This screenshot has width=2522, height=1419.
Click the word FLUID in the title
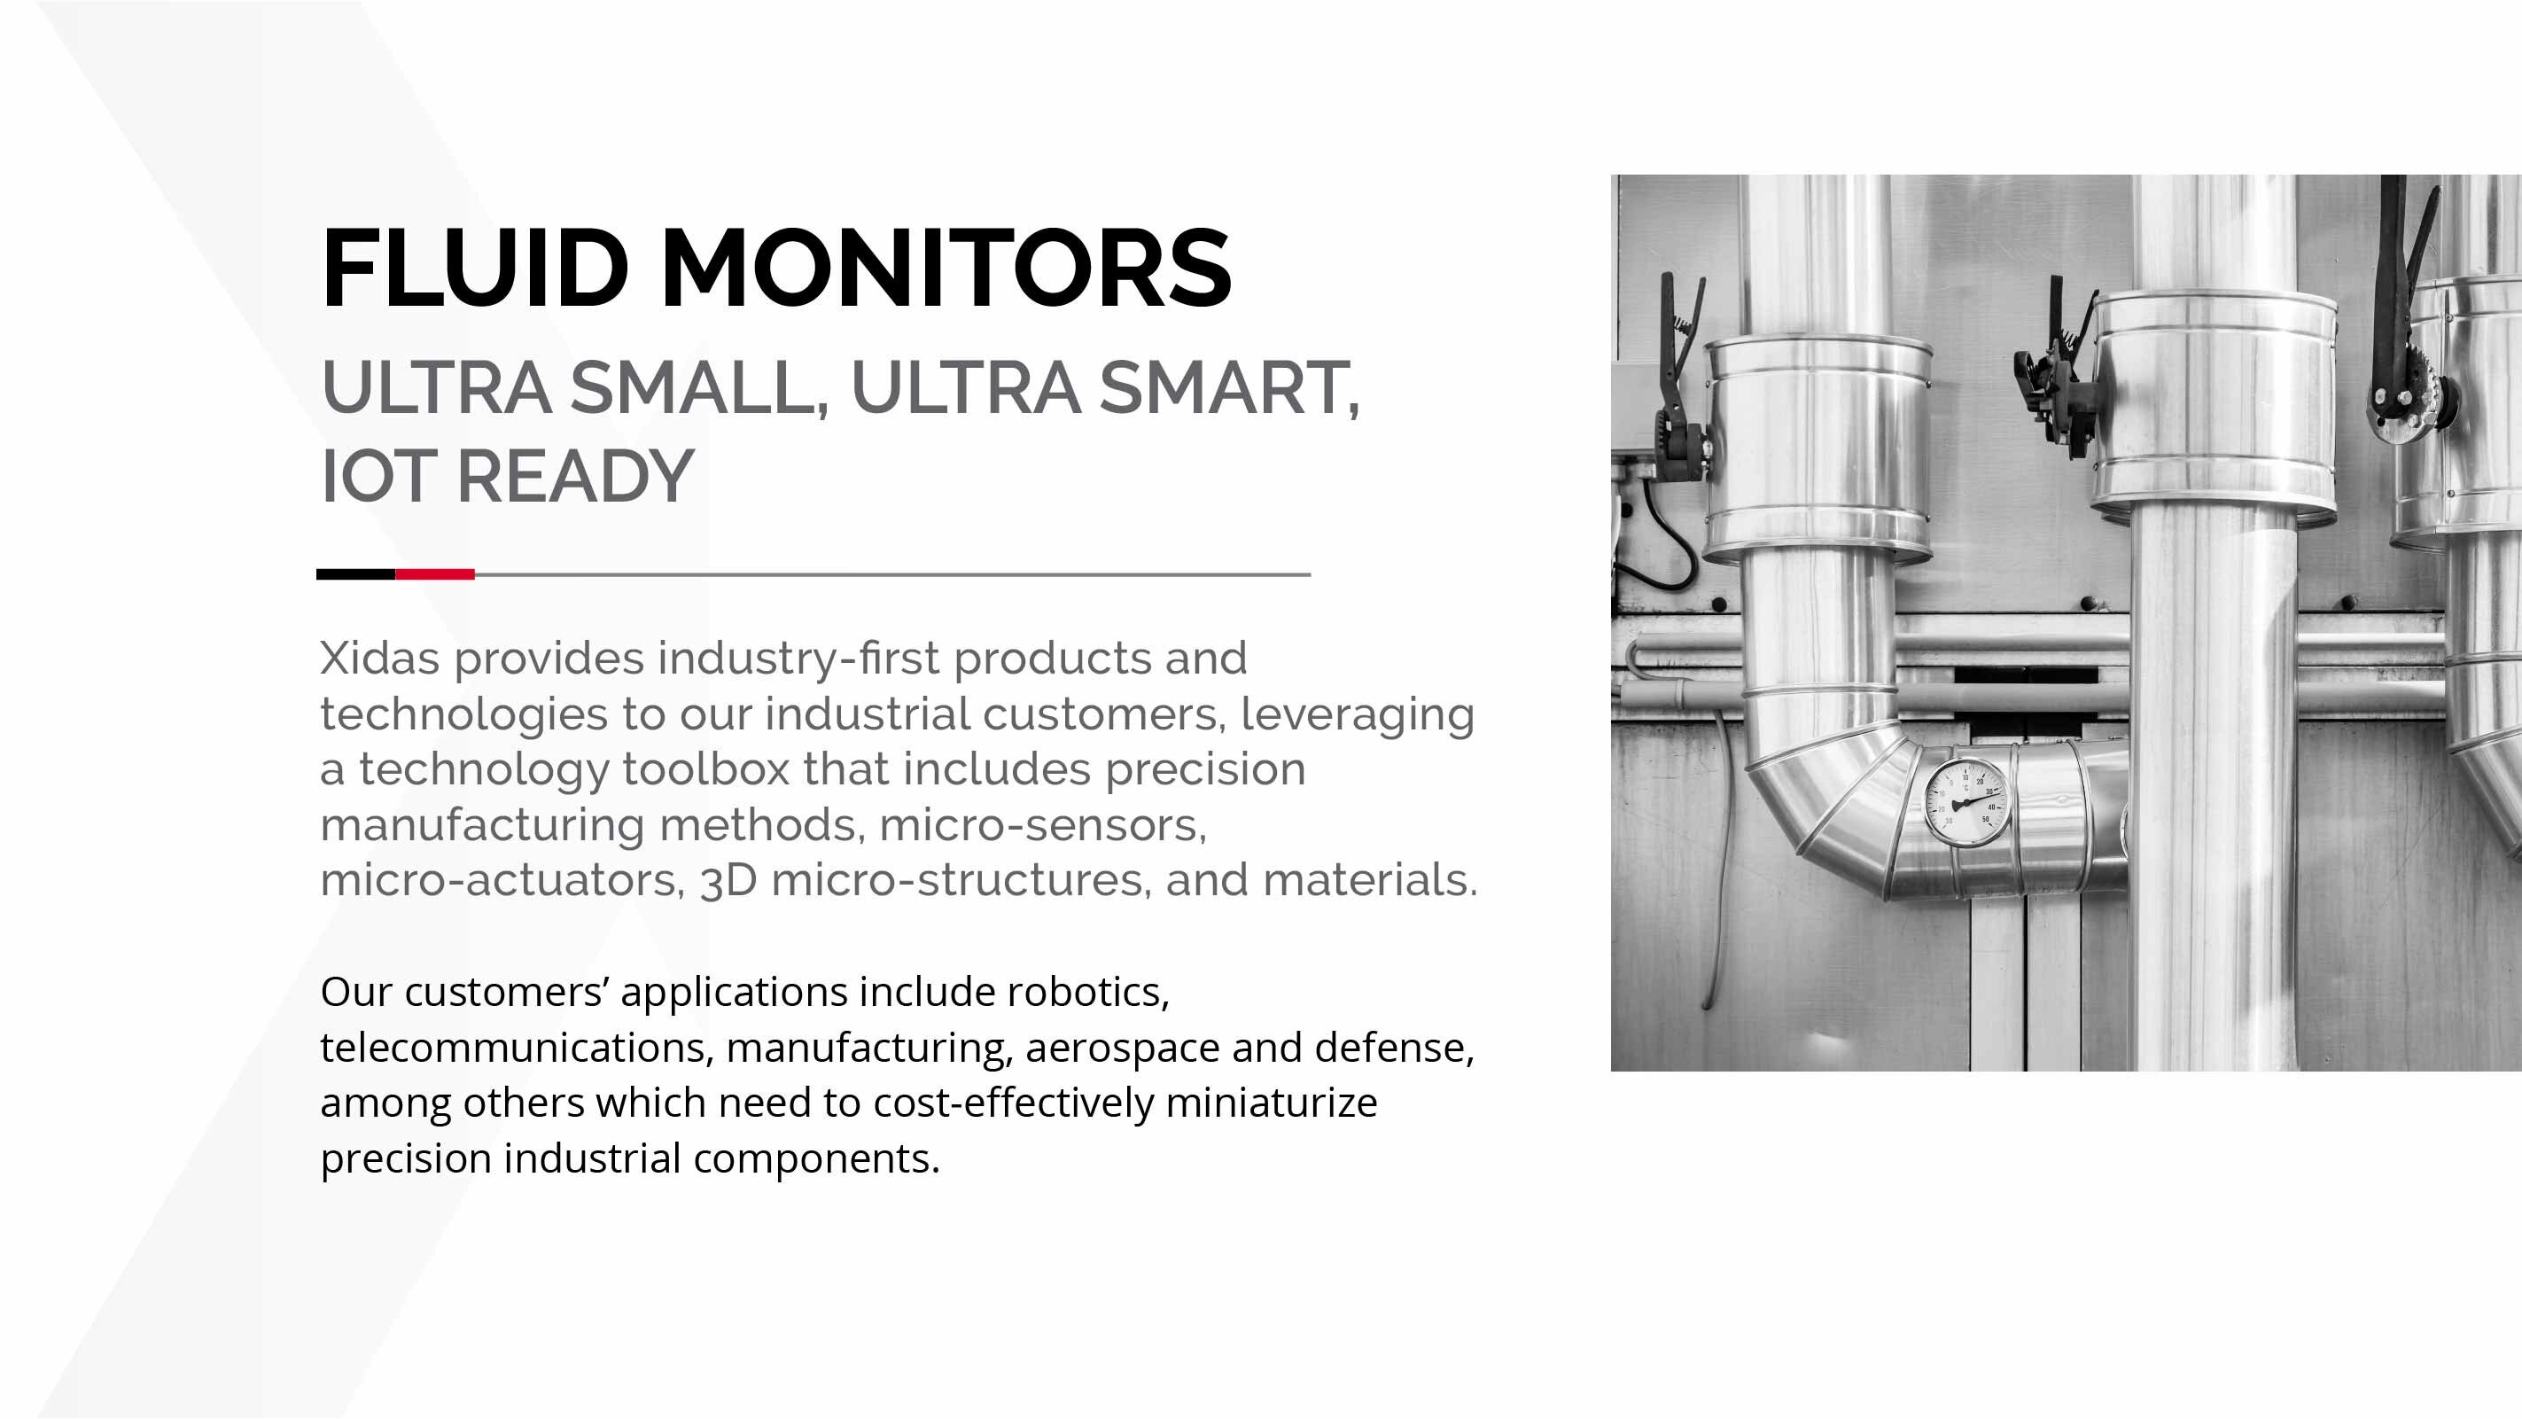(x=474, y=268)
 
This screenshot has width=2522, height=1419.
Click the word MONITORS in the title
(x=946, y=268)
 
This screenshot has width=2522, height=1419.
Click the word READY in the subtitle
(x=576, y=476)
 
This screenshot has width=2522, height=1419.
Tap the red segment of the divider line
(x=435, y=573)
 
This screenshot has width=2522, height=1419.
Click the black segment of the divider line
(x=355, y=573)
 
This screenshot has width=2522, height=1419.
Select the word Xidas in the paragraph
(x=380, y=658)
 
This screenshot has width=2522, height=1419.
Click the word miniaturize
(x=1271, y=1103)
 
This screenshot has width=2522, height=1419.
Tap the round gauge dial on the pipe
(x=1965, y=801)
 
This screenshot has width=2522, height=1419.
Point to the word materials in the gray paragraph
(x=1370, y=880)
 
